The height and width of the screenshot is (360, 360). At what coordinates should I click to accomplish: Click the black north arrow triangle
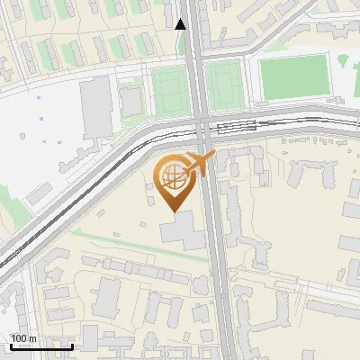tap(181, 24)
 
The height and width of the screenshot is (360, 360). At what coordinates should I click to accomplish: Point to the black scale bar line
tap(41, 346)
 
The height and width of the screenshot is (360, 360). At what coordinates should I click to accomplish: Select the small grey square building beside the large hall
tap(131, 103)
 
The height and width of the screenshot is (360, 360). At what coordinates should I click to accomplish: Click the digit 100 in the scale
tap(19, 338)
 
